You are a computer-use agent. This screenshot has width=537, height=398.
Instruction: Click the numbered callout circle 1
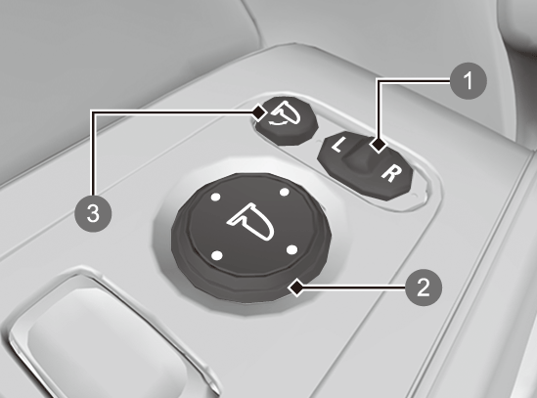[x=468, y=81]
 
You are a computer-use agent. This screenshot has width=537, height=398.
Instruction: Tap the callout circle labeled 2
[x=424, y=287]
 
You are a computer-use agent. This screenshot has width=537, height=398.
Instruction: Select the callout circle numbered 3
[x=93, y=213]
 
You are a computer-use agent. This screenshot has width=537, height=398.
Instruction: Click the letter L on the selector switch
[x=338, y=145]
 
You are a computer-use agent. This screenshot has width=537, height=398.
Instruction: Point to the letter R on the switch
[x=390, y=173]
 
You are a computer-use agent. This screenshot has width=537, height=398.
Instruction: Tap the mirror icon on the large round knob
[x=251, y=222]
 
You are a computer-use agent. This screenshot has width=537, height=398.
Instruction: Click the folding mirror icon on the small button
[x=286, y=112]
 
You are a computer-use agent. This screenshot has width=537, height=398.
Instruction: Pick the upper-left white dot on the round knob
[x=215, y=197]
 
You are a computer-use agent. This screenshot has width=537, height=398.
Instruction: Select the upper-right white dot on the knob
[x=285, y=192]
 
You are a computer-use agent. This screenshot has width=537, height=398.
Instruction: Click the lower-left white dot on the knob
[x=217, y=255]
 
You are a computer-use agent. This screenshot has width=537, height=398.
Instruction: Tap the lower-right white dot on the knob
[x=291, y=250]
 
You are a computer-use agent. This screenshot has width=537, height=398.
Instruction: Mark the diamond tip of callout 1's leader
[x=379, y=146]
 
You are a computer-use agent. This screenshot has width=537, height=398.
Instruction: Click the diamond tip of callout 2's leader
[x=296, y=287]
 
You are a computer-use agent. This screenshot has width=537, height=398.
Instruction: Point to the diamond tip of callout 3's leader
[x=259, y=112]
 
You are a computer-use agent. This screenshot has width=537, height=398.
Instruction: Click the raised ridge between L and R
[x=361, y=155]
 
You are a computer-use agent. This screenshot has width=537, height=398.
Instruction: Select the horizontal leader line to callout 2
[x=354, y=287]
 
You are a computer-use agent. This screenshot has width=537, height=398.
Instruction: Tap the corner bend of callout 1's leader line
[x=379, y=81]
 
